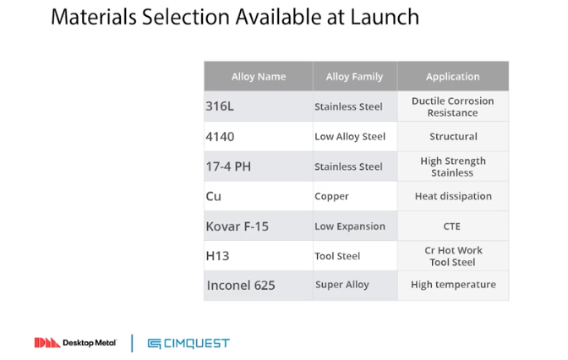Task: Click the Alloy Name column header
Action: pyautogui.click(x=259, y=76)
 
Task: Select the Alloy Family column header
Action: pyautogui.click(x=355, y=76)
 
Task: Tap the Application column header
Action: pyautogui.click(x=453, y=76)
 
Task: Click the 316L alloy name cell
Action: pyautogui.click(x=259, y=106)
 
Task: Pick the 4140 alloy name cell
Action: pyautogui.click(x=259, y=136)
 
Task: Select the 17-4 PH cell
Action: pyautogui.click(x=259, y=166)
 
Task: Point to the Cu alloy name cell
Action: pyautogui.click(x=259, y=196)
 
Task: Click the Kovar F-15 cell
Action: pyautogui.click(x=259, y=226)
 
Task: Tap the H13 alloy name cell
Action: pyautogui.click(x=259, y=256)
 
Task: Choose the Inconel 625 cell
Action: pyautogui.click(x=259, y=286)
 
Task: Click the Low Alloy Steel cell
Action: pyautogui.click(x=355, y=136)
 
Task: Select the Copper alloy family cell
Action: pyautogui.click(x=355, y=196)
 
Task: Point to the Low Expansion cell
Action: pyautogui.click(x=355, y=226)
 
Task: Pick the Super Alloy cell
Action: pyautogui.click(x=355, y=286)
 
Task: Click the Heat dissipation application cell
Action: pyautogui.click(x=453, y=196)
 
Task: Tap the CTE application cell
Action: pyautogui.click(x=453, y=226)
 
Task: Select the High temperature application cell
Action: pyautogui.click(x=453, y=286)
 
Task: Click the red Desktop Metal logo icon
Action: pyautogui.click(x=47, y=342)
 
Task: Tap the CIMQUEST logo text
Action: pyautogui.click(x=197, y=343)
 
